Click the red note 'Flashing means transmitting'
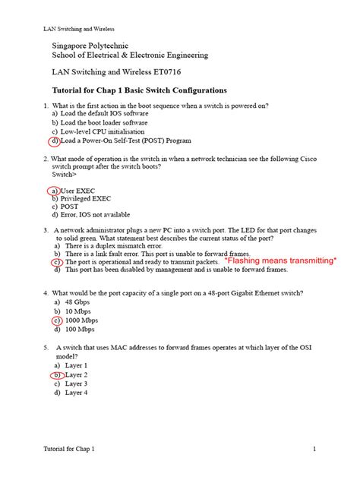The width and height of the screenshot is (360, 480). tap(281, 261)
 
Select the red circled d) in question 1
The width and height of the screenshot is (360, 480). tap(55, 141)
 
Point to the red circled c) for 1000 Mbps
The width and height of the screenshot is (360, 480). tap(57, 321)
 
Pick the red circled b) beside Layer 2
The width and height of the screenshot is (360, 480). tap(57, 374)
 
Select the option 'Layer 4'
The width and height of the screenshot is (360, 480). tap(77, 393)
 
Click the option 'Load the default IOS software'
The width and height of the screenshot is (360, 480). tap(109, 113)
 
